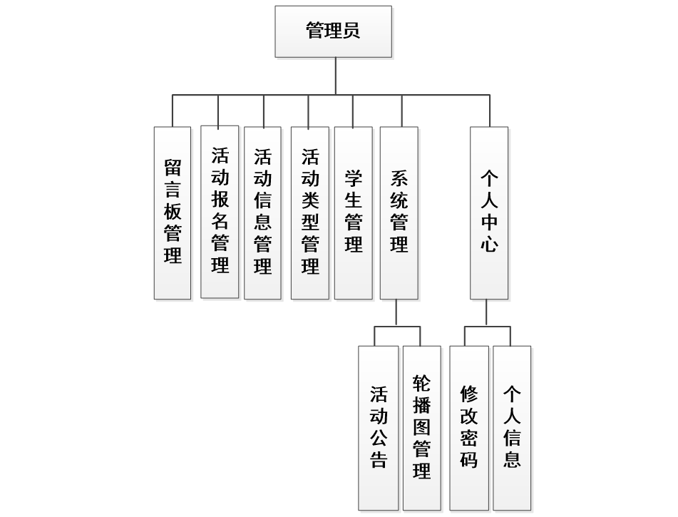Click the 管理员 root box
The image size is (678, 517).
(x=333, y=31)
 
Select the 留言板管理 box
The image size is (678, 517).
(x=173, y=213)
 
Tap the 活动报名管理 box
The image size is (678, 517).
(x=220, y=212)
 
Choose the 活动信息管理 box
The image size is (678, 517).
(x=263, y=213)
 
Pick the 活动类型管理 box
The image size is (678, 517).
(x=309, y=213)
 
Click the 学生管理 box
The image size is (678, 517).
(x=353, y=213)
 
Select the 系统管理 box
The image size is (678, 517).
(x=399, y=213)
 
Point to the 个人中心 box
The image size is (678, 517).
(x=489, y=213)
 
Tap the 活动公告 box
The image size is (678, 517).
(x=378, y=428)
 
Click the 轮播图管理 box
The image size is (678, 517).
(x=421, y=428)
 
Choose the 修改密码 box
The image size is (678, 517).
(x=468, y=428)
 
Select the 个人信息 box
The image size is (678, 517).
(x=512, y=428)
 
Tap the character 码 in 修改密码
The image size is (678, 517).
(x=468, y=458)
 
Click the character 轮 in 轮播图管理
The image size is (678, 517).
(x=421, y=384)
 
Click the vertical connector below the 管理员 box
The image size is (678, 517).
(x=335, y=76)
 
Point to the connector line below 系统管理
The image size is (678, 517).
(x=396, y=312)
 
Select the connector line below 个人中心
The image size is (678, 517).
(x=486, y=312)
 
